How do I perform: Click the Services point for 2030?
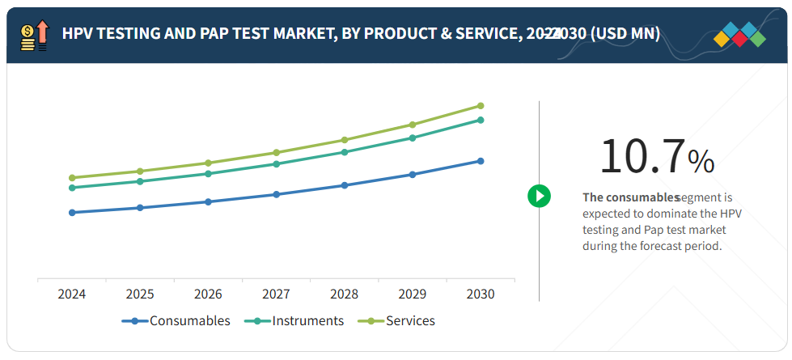tap(481, 106)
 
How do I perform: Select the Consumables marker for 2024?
tap(72, 213)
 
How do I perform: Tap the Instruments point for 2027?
tap(277, 164)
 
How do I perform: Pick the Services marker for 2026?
tap(208, 163)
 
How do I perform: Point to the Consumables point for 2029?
tap(413, 175)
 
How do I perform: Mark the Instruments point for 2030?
tap(481, 120)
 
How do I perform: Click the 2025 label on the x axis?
tap(140, 294)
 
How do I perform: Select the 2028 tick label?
tap(345, 294)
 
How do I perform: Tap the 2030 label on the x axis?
tap(481, 294)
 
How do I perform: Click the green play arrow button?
tap(539, 196)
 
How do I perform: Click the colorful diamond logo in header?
tap(740, 35)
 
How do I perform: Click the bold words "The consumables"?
tap(630, 197)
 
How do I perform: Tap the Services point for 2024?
tap(72, 178)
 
